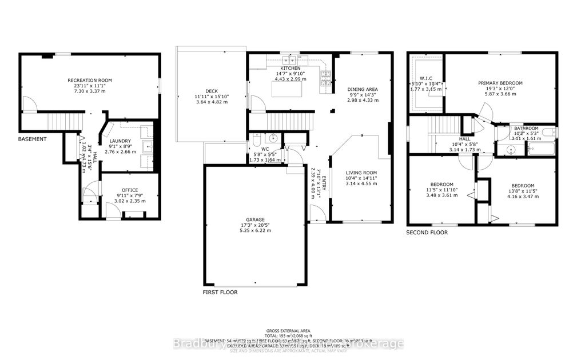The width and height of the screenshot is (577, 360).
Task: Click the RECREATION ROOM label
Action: [89, 80]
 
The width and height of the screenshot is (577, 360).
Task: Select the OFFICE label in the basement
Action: [130, 190]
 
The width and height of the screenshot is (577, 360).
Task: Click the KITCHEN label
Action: [286, 68]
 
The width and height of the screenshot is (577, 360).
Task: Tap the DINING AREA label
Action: [363, 89]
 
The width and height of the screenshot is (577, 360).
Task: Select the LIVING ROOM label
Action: [361, 173]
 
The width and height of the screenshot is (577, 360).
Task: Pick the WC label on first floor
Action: [258, 148]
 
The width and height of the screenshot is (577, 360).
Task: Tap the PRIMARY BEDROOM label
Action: [500, 83]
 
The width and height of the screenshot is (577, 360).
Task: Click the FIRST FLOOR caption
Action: [220, 292]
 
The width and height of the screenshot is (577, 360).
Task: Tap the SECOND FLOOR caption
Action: [427, 233]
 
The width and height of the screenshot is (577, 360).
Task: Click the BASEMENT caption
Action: [33, 139]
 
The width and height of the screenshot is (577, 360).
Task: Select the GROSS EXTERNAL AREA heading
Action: [288, 331]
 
